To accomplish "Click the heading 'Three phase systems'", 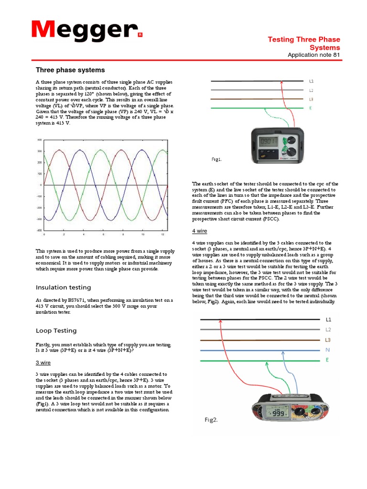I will [70, 70].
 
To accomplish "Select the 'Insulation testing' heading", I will [64, 287].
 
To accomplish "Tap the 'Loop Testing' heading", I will [56, 330].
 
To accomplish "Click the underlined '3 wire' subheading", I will [43, 362].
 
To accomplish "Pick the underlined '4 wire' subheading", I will [200, 231].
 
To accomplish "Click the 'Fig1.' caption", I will [216, 159].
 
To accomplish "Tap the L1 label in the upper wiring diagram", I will [311, 81].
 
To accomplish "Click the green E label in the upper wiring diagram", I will [311, 108].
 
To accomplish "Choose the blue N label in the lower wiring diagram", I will [327, 350].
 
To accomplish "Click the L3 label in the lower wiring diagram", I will [328, 340].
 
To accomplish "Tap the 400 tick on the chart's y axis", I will [40, 140].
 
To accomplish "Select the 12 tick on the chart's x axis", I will [162, 235].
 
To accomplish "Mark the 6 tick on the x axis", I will [103, 235].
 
